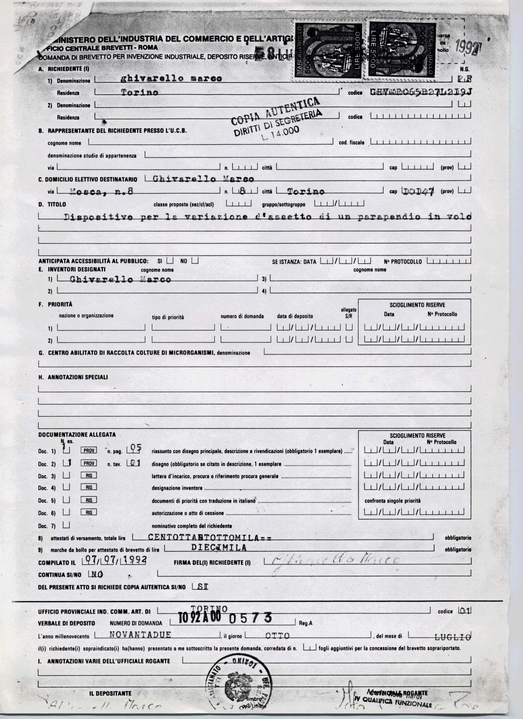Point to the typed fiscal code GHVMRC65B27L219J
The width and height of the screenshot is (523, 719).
pos(421,92)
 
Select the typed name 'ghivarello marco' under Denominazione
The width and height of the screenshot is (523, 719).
pos(172,78)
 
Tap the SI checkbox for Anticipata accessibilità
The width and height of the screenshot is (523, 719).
pos(170,261)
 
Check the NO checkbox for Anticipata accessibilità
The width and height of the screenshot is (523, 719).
pos(195,261)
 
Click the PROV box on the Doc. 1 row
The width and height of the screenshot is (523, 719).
pos(89,450)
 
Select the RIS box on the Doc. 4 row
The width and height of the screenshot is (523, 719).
pos(89,487)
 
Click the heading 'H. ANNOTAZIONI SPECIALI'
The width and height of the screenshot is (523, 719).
pos(78,377)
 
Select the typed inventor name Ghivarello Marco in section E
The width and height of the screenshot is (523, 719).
pos(120,279)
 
